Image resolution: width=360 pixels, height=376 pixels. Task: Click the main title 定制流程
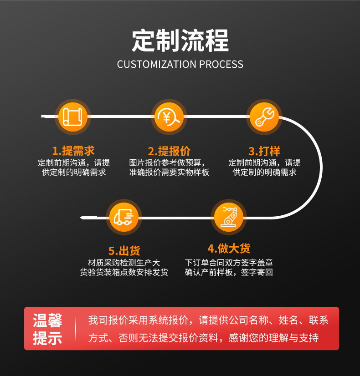[x=180, y=41]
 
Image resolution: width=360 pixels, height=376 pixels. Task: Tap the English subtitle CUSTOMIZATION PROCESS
[x=180, y=64]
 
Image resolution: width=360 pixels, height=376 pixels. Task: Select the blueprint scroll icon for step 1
[x=72, y=117]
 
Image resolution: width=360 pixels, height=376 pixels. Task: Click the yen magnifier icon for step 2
[x=169, y=117]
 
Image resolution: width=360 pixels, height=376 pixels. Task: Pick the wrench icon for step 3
[x=265, y=117]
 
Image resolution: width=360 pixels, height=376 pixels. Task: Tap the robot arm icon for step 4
[x=229, y=216]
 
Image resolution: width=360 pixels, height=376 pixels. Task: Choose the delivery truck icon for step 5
[x=124, y=217]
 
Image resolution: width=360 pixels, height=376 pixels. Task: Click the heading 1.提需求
[x=73, y=151]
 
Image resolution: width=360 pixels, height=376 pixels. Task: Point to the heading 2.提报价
[x=169, y=151]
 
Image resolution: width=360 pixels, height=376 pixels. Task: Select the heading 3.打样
[x=264, y=151]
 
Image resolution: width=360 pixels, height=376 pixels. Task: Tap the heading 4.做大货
[x=229, y=249]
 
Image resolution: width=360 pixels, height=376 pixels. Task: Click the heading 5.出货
[x=124, y=250]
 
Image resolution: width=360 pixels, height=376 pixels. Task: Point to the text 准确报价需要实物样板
[x=169, y=173]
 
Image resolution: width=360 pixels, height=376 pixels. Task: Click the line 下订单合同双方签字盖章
[x=229, y=263]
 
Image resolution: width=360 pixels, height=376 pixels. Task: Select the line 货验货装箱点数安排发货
[x=124, y=272]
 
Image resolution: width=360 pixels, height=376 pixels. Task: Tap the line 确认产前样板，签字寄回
[x=229, y=272]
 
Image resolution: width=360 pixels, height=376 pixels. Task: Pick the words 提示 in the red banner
[x=47, y=338]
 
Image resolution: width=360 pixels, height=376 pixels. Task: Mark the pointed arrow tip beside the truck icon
[x=82, y=218]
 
